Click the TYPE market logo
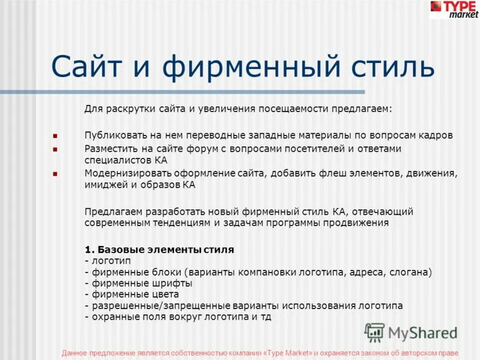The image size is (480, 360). point(454,9)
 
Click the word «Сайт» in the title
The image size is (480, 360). point(89,66)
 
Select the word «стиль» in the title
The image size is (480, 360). point(384,66)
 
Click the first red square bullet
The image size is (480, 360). point(55,136)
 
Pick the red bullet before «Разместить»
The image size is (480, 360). point(55,149)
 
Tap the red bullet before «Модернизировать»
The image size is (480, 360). point(55,174)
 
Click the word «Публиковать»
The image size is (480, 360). point(112,135)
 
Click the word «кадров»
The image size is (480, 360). point(419,135)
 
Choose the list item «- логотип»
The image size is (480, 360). point(107,260)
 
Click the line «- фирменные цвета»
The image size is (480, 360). point(131,294)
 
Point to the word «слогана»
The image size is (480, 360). point(410,272)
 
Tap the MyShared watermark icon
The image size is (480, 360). point(374,332)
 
